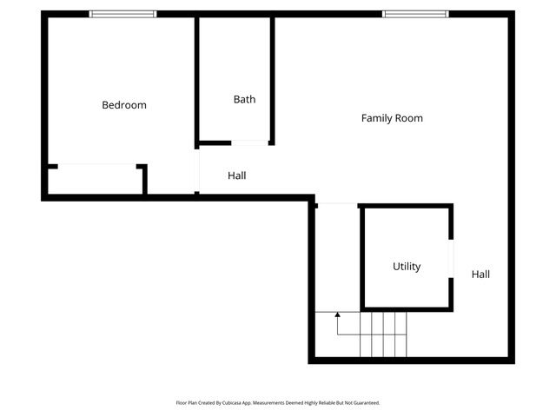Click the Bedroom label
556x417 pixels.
pyautogui.click(x=124, y=105)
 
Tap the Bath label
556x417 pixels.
pyautogui.click(x=244, y=99)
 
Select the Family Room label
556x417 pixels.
pyautogui.click(x=392, y=117)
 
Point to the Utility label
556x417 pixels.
pyautogui.click(x=407, y=267)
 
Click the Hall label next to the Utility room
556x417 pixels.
pyautogui.click(x=480, y=274)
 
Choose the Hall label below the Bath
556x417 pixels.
pyautogui.click(x=236, y=175)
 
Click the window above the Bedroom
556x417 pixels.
pyautogui.click(x=123, y=14)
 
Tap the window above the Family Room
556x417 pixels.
pyautogui.click(x=415, y=14)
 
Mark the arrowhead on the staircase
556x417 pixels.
pyautogui.click(x=337, y=314)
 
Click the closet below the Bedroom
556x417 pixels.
pyautogui.click(x=96, y=181)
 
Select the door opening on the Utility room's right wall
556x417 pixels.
pyautogui.click(x=450, y=258)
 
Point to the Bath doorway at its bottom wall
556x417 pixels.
pyautogui.click(x=249, y=142)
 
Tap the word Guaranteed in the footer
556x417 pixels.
pyautogui.click(x=365, y=403)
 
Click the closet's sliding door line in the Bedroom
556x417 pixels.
pyautogui.click(x=96, y=164)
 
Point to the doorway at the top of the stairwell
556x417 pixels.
pyautogui.click(x=337, y=205)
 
